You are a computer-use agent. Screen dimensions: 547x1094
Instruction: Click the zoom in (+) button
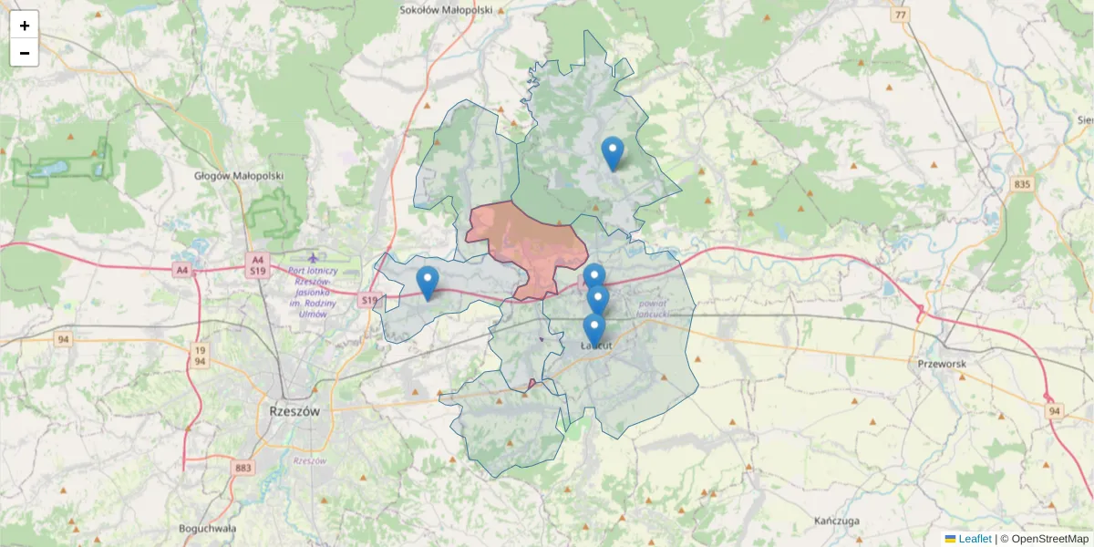(25, 26)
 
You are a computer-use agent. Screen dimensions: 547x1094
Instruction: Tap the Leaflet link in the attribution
(975, 539)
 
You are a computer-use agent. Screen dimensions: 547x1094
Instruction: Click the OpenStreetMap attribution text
(1049, 539)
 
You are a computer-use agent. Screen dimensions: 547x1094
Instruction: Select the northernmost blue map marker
(613, 153)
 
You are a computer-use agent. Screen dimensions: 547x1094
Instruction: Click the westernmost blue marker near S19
(427, 283)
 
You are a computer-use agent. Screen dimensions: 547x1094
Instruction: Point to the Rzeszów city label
(295, 411)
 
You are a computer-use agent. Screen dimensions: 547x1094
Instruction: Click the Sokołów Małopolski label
(446, 10)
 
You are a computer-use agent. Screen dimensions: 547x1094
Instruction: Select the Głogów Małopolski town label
(239, 176)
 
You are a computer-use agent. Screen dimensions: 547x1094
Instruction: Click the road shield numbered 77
(901, 15)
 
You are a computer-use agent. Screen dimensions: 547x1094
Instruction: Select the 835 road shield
(1022, 185)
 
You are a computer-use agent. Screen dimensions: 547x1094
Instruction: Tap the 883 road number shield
(243, 469)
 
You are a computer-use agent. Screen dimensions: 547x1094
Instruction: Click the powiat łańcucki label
(654, 308)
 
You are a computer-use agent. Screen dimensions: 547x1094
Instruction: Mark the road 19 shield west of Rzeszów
(199, 349)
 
